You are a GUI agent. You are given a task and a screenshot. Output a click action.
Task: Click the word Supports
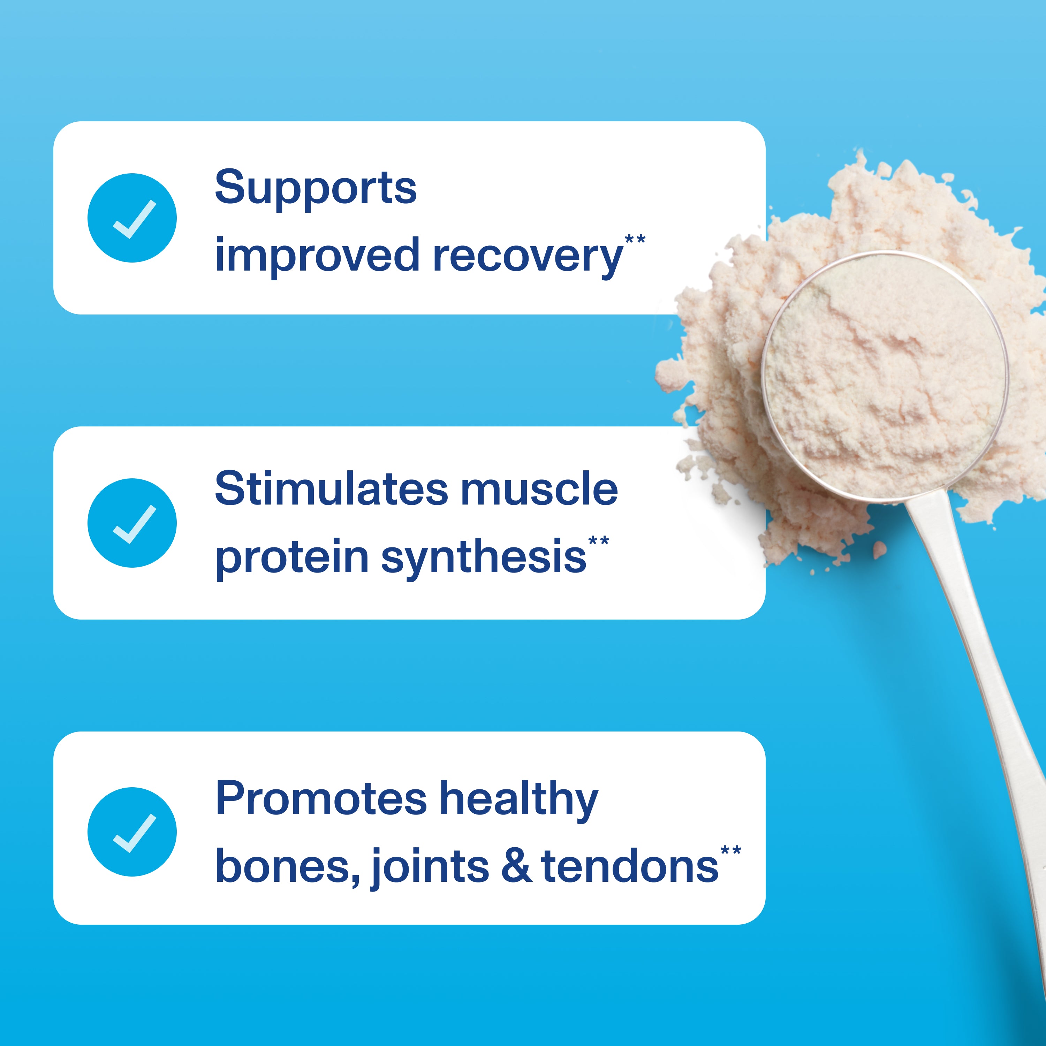316,188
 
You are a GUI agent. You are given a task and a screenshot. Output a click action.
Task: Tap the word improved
317,256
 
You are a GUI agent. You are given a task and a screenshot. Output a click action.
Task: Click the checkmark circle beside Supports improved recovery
132,218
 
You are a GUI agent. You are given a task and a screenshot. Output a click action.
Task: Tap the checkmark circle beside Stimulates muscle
132,523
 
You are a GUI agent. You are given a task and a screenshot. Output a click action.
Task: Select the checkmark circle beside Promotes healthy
132,832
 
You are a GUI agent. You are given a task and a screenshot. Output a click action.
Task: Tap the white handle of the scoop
985,688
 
